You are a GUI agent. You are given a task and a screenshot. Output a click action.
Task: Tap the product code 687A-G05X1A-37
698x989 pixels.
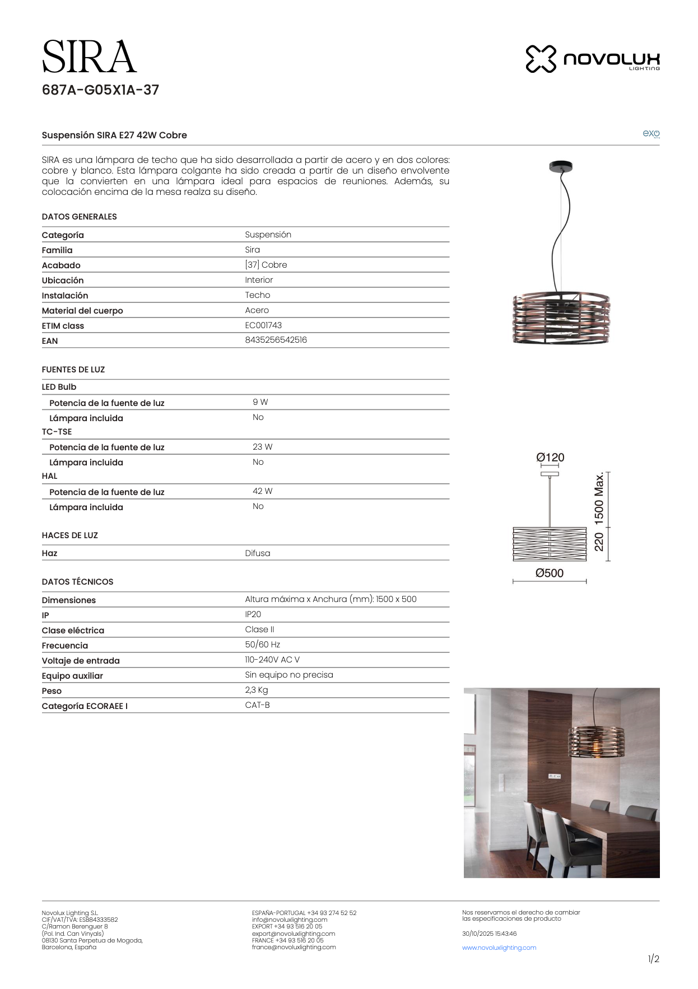tap(100, 90)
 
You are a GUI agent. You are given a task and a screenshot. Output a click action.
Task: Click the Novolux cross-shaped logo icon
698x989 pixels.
tap(541, 59)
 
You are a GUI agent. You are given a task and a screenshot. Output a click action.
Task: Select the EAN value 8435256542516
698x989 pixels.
tap(276, 340)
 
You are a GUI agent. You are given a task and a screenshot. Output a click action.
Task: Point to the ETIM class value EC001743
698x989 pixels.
tap(263, 325)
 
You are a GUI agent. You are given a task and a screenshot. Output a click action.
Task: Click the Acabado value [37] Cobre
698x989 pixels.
tap(266, 265)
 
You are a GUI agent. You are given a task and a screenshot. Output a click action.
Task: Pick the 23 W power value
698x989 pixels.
tap(262, 447)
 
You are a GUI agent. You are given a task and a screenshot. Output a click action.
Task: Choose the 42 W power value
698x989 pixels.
tap(262, 491)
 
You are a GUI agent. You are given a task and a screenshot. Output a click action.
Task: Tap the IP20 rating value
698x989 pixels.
tap(253, 614)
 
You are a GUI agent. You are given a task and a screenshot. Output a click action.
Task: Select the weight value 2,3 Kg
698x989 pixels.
tap(256, 690)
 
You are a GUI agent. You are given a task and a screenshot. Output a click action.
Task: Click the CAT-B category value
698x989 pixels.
tap(257, 705)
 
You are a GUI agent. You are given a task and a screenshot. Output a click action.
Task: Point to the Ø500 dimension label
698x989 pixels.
tap(549, 573)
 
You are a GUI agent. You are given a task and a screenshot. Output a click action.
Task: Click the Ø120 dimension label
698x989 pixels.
tap(550, 458)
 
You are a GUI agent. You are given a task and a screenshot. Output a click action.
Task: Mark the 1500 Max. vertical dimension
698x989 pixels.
tap(599, 498)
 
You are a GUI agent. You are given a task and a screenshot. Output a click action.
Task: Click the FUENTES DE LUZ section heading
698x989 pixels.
tap(73, 370)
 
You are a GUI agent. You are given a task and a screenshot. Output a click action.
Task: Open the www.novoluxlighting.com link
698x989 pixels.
tap(499, 948)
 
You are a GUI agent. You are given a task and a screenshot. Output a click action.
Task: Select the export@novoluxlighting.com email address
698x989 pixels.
tap(293, 934)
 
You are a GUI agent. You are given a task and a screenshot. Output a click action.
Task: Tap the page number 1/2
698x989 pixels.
tap(653, 959)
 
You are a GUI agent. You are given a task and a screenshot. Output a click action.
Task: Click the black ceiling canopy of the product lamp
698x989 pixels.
tap(561, 166)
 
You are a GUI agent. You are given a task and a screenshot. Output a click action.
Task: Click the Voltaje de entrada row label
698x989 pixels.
tap(81, 661)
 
